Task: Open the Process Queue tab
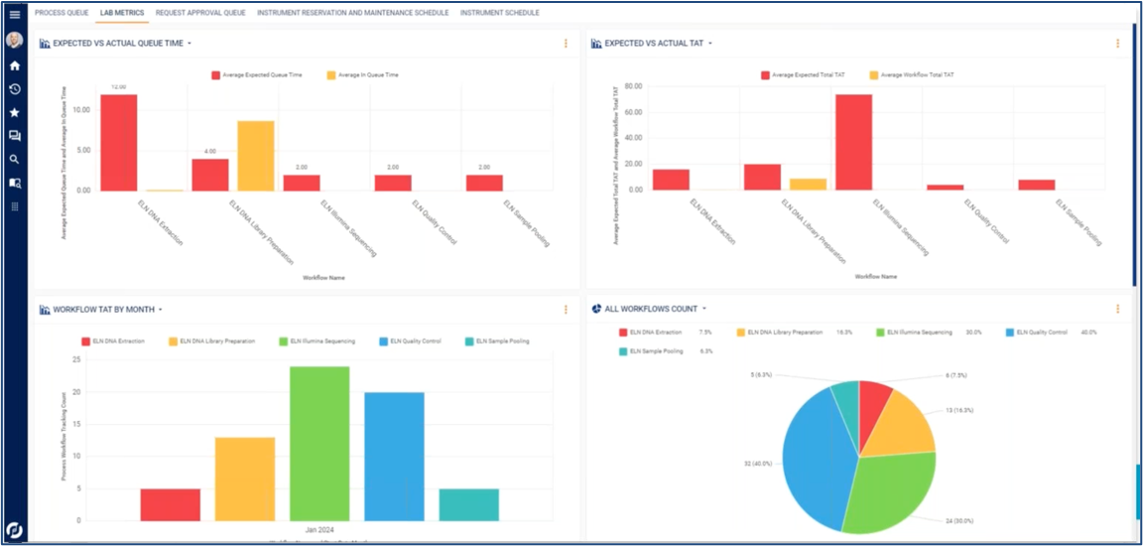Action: pos(62,13)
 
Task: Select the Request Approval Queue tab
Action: pos(200,13)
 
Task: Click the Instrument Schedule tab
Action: pos(500,13)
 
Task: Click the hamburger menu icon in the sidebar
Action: pos(15,15)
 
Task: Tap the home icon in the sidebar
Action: pos(15,66)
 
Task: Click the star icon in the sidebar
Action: pos(15,112)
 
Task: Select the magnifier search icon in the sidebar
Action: pos(15,159)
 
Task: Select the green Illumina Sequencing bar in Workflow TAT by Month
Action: pos(319,443)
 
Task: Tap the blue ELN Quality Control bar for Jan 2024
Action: pos(394,456)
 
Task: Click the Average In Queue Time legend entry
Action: pos(363,74)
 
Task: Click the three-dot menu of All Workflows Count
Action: pos(1117,309)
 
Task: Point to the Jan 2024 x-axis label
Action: pos(319,529)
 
